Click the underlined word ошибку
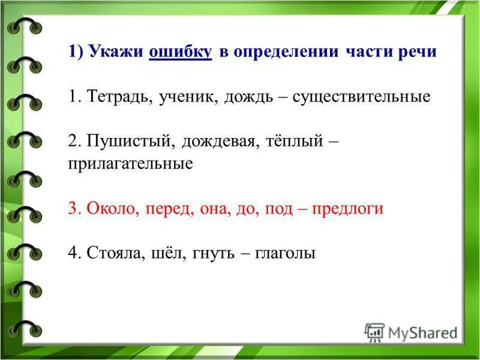(x=180, y=52)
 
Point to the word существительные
(x=361, y=97)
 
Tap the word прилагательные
(x=130, y=164)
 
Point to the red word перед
(x=164, y=209)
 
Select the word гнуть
(x=214, y=253)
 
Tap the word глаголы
(x=285, y=253)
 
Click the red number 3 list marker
(x=73, y=209)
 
